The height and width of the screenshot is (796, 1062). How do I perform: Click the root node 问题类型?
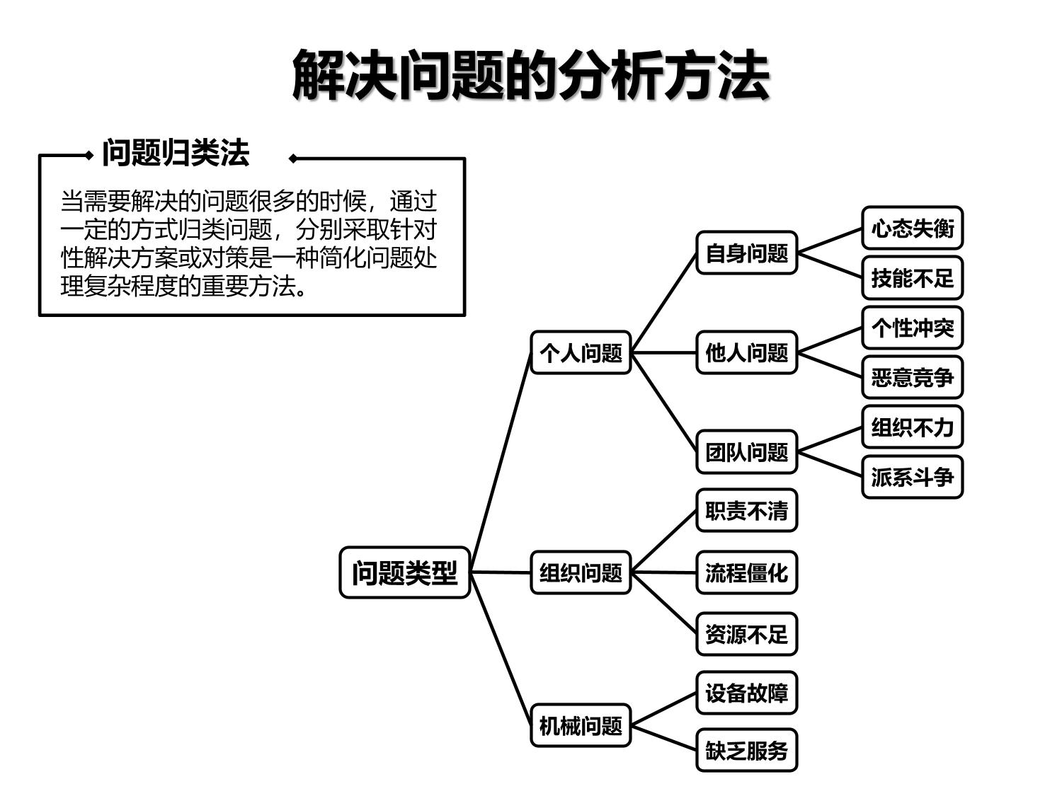404,572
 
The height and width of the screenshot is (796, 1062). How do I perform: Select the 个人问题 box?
581,352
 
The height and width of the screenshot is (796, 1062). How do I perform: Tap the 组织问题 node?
581,572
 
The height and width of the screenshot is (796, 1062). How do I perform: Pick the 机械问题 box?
581,725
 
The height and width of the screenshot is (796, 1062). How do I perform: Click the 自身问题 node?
746,253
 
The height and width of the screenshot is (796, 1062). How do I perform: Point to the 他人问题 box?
746,352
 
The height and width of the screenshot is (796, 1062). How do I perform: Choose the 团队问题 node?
746,451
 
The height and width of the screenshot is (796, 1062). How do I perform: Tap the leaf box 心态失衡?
912,228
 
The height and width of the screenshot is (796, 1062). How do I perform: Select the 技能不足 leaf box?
912,278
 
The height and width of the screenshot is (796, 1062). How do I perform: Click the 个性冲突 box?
912,328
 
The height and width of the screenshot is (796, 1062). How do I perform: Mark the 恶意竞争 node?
912,377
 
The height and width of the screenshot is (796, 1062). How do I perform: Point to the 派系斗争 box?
912,477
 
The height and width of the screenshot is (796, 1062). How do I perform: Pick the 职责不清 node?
746,510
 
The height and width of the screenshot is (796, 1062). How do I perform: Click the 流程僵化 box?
746,572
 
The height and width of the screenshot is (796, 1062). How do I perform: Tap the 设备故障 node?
746,693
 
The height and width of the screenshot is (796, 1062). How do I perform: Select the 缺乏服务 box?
746,750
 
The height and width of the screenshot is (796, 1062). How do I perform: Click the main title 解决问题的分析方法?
531,75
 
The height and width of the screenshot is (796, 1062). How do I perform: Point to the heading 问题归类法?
176,153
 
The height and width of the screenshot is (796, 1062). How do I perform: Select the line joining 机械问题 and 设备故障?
663,710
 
